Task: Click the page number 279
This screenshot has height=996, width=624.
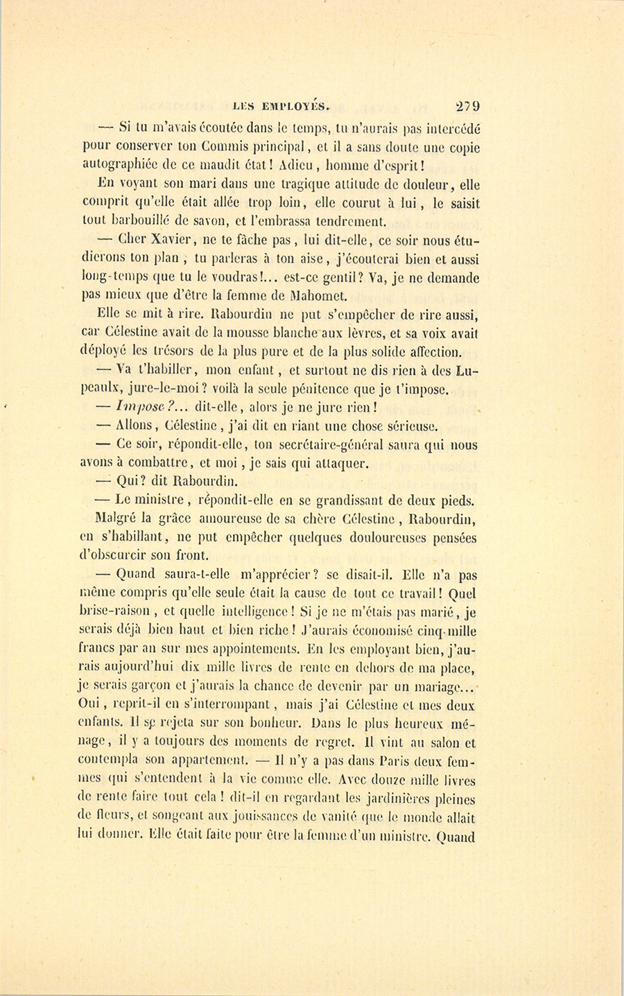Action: coord(467,106)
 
